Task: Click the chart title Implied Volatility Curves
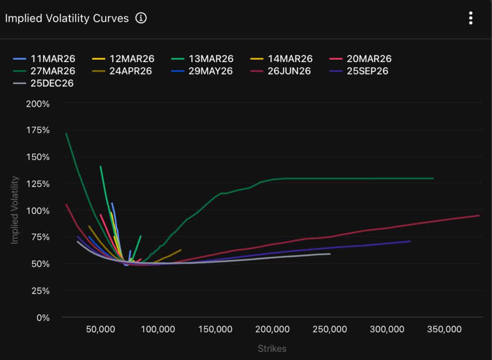pyautogui.click(x=67, y=18)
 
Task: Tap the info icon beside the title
pyautogui.click(x=141, y=18)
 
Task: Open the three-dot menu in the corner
pyautogui.click(x=470, y=18)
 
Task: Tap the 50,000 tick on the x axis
pyautogui.click(x=101, y=329)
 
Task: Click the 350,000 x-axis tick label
pyautogui.click(x=443, y=329)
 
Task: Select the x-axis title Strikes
pyautogui.click(x=272, y=348)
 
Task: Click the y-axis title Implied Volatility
pyautogui.click(x=15, y=210)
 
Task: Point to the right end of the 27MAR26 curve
pyautogui.click(x=433, y=178)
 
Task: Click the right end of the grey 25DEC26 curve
pyautogui.click(x=330, y=254)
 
